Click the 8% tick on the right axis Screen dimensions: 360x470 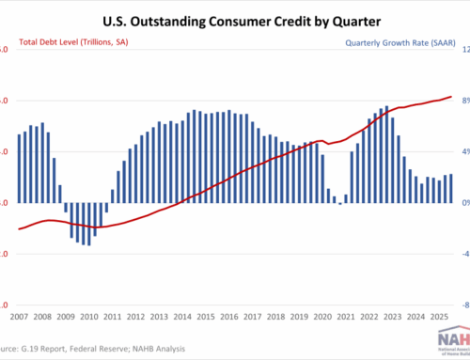[462, 101]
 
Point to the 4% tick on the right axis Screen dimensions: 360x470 [462, 151]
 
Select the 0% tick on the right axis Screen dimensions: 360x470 [462, 202]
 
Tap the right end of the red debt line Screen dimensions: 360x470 [452, 96]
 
